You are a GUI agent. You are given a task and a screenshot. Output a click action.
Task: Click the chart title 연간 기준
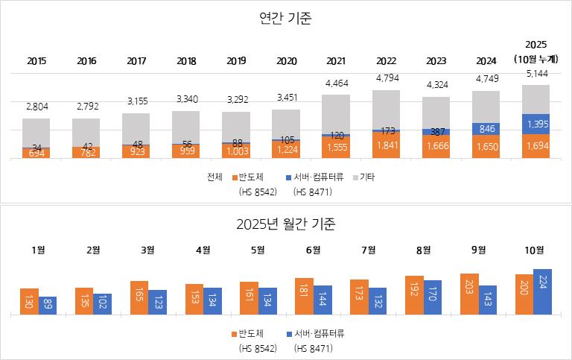point(285,19)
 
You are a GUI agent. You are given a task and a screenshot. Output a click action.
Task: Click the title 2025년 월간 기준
point(285,223)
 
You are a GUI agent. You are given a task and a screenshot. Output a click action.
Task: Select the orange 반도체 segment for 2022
point(386,146)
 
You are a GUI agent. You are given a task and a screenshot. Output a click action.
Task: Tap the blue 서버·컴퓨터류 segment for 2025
point(536,124)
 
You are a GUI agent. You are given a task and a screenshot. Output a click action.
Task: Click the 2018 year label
point(186,60)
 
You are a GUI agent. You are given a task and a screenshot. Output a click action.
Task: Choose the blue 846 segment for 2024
point(486,129)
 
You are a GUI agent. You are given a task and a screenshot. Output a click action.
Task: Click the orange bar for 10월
point(524,294)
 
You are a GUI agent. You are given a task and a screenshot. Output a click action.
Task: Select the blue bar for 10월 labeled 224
point(542,292)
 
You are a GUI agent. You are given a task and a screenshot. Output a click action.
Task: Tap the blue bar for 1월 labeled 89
point(48,306)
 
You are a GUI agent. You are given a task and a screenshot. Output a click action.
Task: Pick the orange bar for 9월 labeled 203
point(469,294)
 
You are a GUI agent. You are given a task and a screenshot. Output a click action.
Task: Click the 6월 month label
point(313,250)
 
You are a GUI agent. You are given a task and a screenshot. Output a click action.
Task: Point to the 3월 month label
point(148,250)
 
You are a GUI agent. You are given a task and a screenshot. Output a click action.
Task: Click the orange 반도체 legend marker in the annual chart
point(235,178)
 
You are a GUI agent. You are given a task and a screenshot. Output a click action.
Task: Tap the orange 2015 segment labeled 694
point(36,153)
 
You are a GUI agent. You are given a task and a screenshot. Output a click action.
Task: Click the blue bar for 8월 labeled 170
point(432,297)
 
